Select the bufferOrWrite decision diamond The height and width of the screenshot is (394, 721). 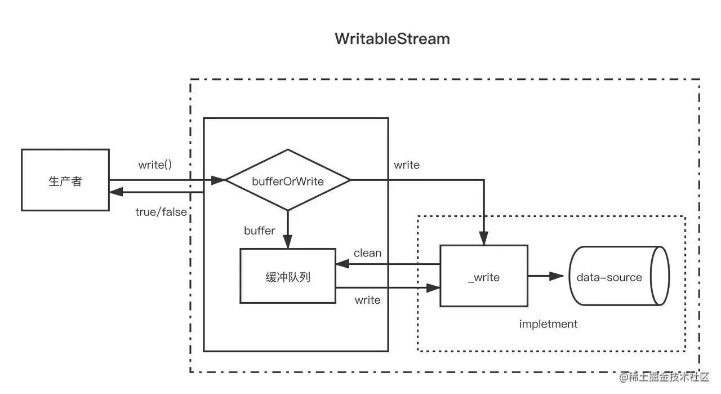288,180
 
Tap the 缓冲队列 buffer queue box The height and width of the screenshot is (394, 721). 288,276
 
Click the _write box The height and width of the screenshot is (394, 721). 483,277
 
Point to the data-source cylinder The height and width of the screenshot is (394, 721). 618,277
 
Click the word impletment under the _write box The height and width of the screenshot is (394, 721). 548,324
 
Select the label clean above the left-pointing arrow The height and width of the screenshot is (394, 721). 367,253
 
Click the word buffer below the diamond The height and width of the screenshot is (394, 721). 260,230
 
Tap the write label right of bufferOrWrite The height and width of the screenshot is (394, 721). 406,165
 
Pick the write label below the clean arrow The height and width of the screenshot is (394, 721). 367,300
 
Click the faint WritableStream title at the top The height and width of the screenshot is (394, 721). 392,39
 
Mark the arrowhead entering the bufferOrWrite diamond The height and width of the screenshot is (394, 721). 218,180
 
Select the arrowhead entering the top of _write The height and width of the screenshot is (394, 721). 484,239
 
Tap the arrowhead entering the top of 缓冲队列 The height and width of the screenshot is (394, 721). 288,242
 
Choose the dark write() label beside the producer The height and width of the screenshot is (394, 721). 155,165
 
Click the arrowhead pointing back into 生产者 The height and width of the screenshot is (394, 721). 117,192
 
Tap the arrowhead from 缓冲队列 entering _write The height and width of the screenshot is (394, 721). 433,288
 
